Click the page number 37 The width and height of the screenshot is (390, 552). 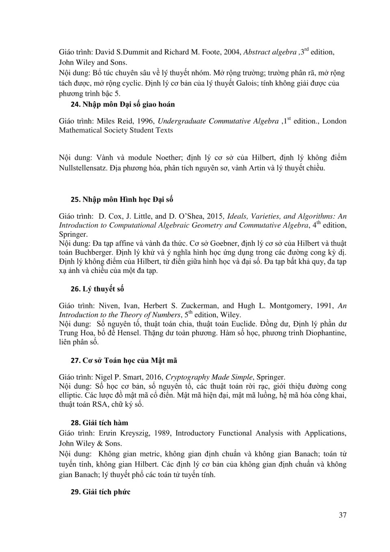pos(342,515)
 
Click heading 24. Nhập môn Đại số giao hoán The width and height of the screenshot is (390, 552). pos(123,105)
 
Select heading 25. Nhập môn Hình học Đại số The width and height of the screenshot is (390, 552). pos(122,199)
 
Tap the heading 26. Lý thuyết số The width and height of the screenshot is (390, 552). pos(97,289)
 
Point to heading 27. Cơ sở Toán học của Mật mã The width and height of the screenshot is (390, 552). pos(123,361)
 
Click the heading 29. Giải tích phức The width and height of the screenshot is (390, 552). pos(100,492)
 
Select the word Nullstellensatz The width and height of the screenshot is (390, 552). pos(83,168)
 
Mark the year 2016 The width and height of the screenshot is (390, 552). pos(153,377)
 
